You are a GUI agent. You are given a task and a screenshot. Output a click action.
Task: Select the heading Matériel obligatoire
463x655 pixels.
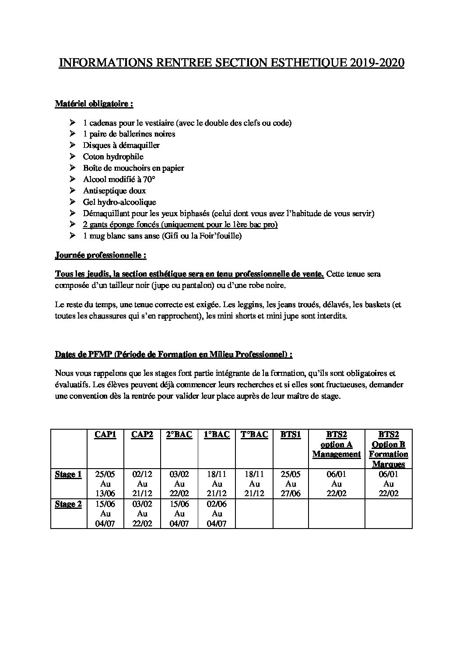click(94, 104)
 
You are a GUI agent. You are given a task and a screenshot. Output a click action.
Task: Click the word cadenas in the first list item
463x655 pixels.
click(102, 123)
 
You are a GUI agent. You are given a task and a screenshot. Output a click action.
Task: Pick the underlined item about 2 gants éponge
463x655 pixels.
click(180, 224)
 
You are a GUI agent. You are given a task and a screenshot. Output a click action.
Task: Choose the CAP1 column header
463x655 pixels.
click(105, 435)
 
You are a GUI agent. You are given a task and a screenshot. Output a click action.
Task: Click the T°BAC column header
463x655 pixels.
click(254, 435)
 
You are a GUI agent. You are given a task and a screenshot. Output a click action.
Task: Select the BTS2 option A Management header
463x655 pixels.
click(336, 445)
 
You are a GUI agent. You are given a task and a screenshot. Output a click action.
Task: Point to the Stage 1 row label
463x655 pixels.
click(68, 475)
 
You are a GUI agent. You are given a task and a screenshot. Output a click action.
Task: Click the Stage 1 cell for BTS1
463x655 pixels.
click(290, 484)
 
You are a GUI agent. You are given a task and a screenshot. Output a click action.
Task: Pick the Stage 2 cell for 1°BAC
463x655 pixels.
click(217, 513)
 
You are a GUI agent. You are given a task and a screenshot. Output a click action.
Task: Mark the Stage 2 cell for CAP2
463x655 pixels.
click(142, 513)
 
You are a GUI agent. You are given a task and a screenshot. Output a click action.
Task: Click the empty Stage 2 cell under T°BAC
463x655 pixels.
click(254, 513)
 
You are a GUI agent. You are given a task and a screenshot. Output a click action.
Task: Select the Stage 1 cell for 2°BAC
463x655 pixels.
click(179, 484)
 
